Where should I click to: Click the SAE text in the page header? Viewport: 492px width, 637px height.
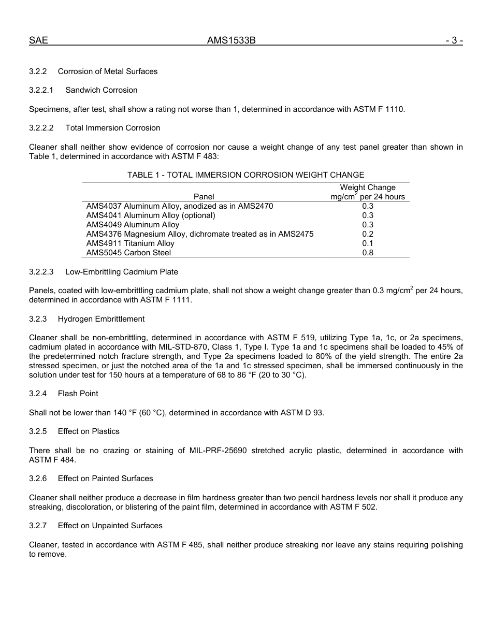point(38,40)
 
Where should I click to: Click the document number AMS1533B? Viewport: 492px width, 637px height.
point(231,40)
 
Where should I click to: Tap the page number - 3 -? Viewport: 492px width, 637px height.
point(454,40)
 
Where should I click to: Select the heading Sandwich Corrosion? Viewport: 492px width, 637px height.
point(102,90)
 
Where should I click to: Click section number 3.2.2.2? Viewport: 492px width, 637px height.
point(41,128)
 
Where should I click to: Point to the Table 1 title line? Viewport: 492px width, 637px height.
point(245,175)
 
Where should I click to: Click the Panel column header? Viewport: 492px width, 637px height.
point(204,197)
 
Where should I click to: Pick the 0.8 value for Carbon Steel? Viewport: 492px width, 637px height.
point(368,253)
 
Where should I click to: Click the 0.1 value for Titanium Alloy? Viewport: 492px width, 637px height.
point(368,243)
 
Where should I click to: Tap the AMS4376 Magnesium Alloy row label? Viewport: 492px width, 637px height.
point(199,234)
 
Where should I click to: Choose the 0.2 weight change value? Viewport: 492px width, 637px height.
point(368,234)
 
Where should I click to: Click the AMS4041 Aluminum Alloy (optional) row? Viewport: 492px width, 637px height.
point(150,215)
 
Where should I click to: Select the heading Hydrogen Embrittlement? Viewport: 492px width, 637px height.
point(101,319)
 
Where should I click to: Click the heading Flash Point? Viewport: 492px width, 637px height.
point(78,394)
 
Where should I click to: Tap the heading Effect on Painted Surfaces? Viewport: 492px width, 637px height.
point(105,479)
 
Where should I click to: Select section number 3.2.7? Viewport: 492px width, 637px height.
point(38,526)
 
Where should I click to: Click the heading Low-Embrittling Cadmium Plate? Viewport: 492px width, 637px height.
point(121,272)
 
